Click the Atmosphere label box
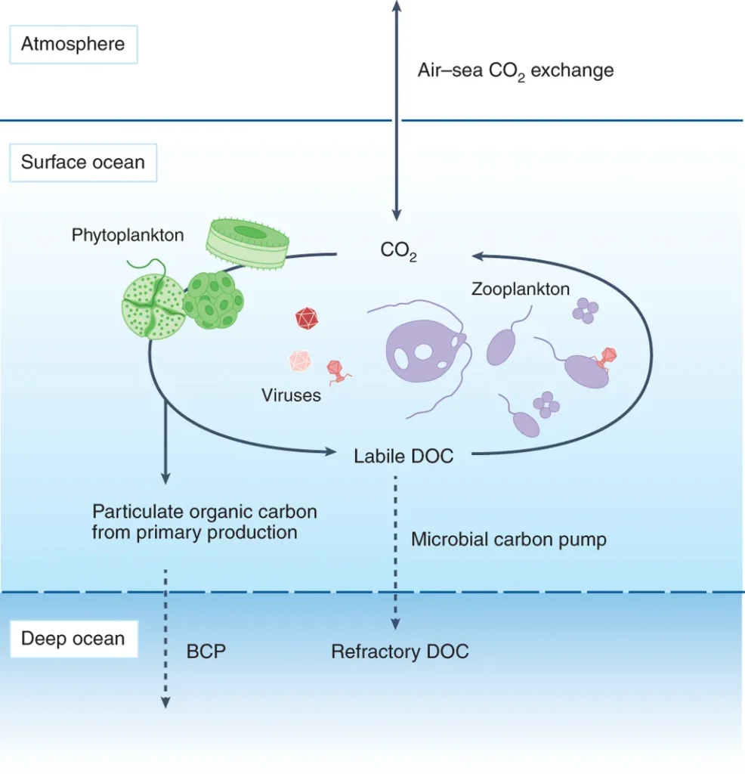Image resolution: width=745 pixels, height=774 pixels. click(73, 45)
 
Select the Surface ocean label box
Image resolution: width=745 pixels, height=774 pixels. click(83, 163)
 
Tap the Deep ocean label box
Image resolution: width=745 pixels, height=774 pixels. click(73, 639)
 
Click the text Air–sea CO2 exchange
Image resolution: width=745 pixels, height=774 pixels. click(515, 72)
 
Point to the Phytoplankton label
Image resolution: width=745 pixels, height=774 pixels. click(128, 235)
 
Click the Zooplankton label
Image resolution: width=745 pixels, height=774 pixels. click(521, 289)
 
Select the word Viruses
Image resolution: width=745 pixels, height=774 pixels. click(291, 395)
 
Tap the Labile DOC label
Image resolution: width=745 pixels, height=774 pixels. click(403, 456)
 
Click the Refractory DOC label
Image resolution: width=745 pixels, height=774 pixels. click(400, 652)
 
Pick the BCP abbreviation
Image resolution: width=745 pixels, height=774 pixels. click(206, 652)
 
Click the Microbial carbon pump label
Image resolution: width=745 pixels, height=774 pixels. click(509, 540)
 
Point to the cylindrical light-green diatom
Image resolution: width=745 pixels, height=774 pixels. click(247, 243)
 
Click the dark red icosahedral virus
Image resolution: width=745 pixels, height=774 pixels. click(307, 318)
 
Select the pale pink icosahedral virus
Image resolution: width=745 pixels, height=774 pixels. click(300, 361)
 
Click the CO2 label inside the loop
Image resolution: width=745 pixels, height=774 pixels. click(399, 251)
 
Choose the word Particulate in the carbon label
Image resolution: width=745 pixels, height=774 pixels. click(138, 512)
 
